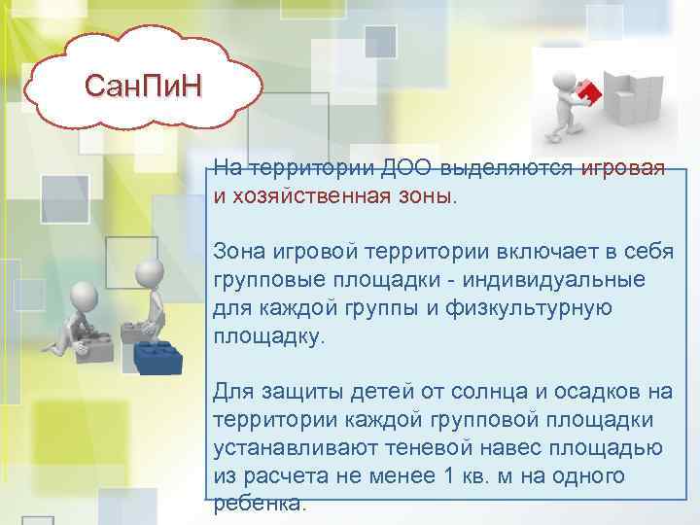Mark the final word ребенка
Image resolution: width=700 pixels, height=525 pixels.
pos(259,504)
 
